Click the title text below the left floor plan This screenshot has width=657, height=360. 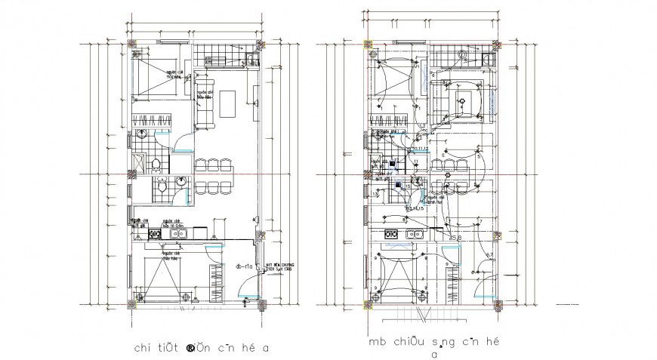(x=201, y=348)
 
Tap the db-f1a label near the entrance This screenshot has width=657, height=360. (x=243, y=266)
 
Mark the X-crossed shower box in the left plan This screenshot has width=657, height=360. (x=139, y=162)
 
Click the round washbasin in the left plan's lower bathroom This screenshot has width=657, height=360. (x=181, y=181)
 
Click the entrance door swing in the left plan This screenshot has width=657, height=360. (x=248, y=285)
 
